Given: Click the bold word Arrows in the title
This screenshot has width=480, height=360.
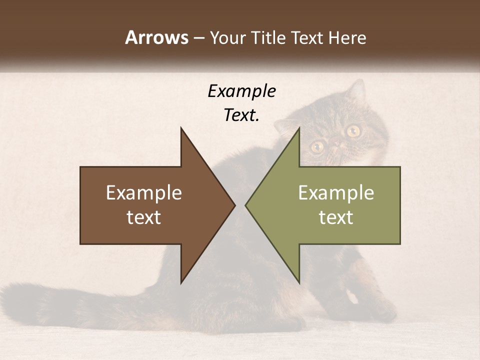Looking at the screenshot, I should click(x=156, y=37).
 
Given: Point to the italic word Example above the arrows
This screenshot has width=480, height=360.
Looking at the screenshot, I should click(x=241, y=91).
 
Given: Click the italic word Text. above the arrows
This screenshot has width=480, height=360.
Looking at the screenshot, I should click(x=241, y=115).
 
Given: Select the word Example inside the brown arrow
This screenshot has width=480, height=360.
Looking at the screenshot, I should click(x=144, y=192).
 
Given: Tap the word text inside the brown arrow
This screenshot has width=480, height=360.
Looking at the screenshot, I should click(x=144, y=217).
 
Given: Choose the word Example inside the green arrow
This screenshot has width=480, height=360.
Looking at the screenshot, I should click(x=336, y=192).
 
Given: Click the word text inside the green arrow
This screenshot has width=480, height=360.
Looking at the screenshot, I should click(x=336, y=217).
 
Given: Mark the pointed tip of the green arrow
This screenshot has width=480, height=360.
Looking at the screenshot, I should click(x=246, y=205).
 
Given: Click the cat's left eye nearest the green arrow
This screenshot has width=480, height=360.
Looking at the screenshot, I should click(x=317, y=146).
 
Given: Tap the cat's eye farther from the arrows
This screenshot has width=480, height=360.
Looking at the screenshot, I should click(x=353, y=131).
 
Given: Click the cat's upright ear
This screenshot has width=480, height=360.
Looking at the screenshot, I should click(x=356, y=90).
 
